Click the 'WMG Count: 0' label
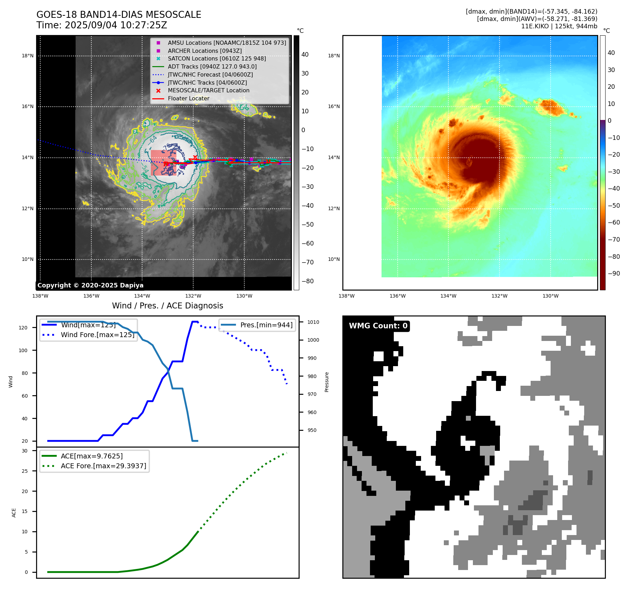click(378, 326)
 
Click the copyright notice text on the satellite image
click(90, 285)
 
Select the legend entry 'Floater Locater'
click(188, 99)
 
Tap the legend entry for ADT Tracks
click(212, 66)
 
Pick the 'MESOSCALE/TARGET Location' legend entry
click(209, 91)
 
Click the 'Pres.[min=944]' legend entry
click(266, 325)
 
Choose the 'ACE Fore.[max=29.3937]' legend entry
click(103, 466)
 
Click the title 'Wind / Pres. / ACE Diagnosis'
click(167, 306)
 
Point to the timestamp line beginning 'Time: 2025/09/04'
click(102, 26)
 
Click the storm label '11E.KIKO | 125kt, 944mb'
click(559, 26)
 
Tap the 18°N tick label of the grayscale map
click(28, 56)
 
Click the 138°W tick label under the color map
click(347, 296)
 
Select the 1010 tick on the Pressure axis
click(313, 322)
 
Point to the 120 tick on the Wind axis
click(23, 328)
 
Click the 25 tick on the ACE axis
click(25, 471)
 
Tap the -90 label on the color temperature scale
click(614, 273)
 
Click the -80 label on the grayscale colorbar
click(308, 281)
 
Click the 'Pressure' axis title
click(327, 382)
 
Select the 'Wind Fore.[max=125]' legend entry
click(97, 335)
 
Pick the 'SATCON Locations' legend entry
click(217, 59)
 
